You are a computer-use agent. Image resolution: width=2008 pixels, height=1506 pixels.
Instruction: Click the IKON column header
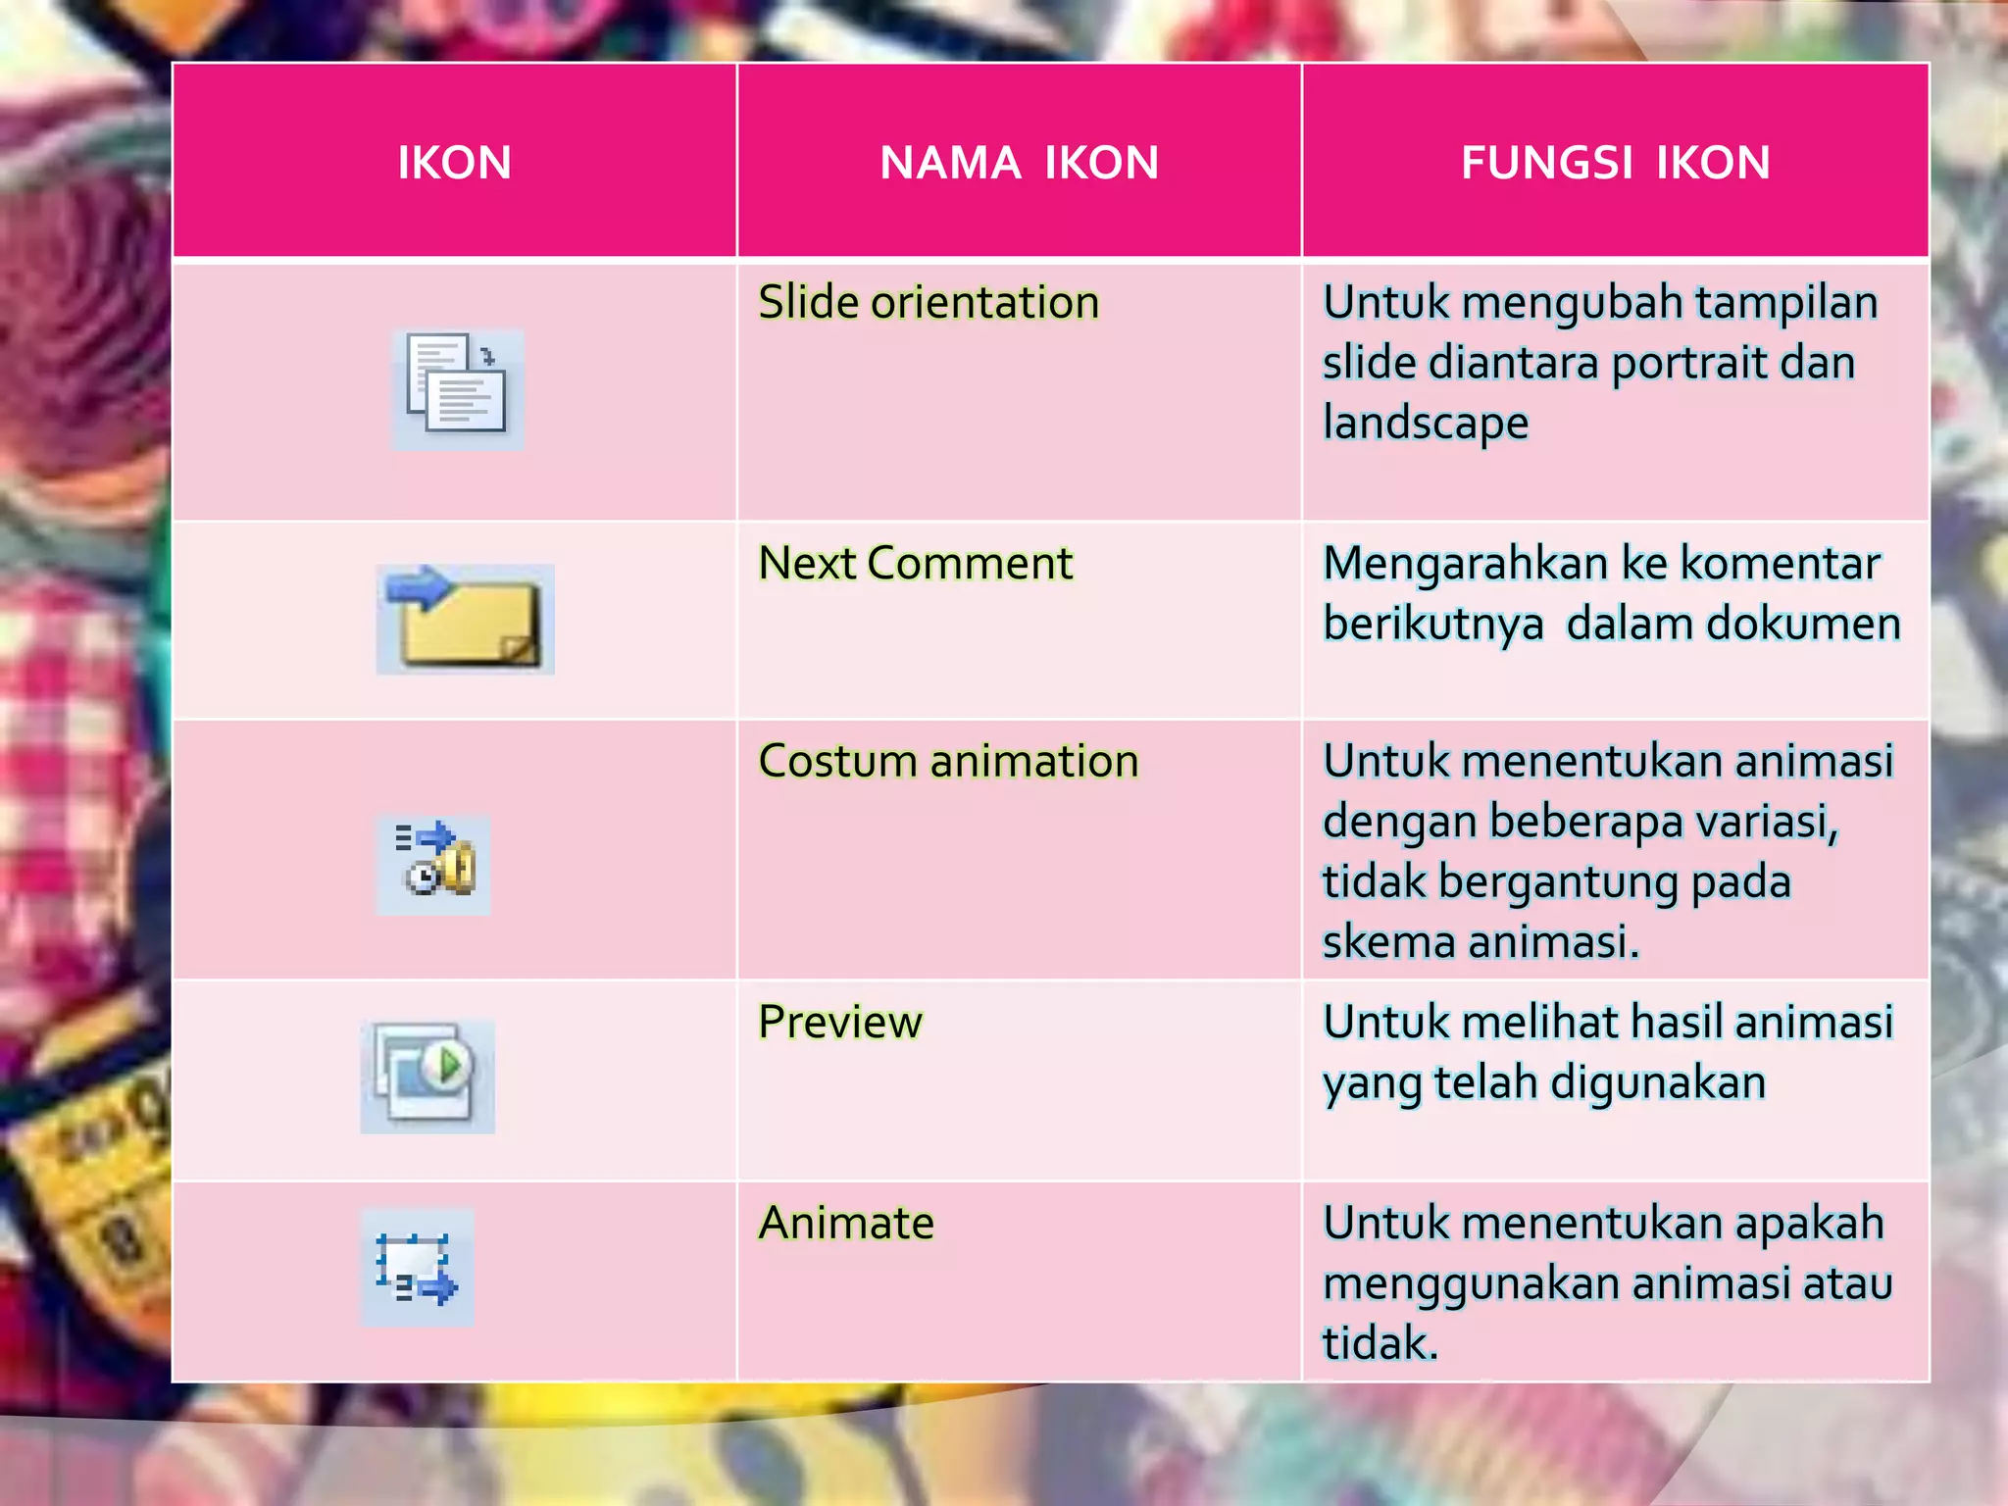point(454,163)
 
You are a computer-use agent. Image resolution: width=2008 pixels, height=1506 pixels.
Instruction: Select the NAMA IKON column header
point(1019,163)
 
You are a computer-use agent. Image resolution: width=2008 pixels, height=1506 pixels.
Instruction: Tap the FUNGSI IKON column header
point(1615,163)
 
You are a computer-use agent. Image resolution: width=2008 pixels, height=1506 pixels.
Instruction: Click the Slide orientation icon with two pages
point(458,389)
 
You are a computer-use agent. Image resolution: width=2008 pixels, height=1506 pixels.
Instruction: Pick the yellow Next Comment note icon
point(466,620)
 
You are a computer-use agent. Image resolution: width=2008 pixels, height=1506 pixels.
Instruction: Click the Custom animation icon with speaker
point(434,864)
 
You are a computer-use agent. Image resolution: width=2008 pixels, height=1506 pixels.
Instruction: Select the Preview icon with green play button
point(427,1076)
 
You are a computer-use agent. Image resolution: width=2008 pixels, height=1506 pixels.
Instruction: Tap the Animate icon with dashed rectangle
point(417,1268)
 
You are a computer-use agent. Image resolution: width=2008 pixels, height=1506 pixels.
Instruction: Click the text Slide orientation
point(929,302)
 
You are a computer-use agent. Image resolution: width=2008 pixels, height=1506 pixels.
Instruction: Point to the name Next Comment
point(915,564)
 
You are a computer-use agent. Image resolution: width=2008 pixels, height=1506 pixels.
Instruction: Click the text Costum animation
point(948,762)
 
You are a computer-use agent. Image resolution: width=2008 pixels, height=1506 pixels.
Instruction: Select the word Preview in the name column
point(840,1023)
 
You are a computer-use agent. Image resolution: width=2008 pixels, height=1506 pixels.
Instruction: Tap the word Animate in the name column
point(846,1224)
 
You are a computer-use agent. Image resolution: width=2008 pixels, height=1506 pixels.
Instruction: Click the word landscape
point(1425,424)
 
